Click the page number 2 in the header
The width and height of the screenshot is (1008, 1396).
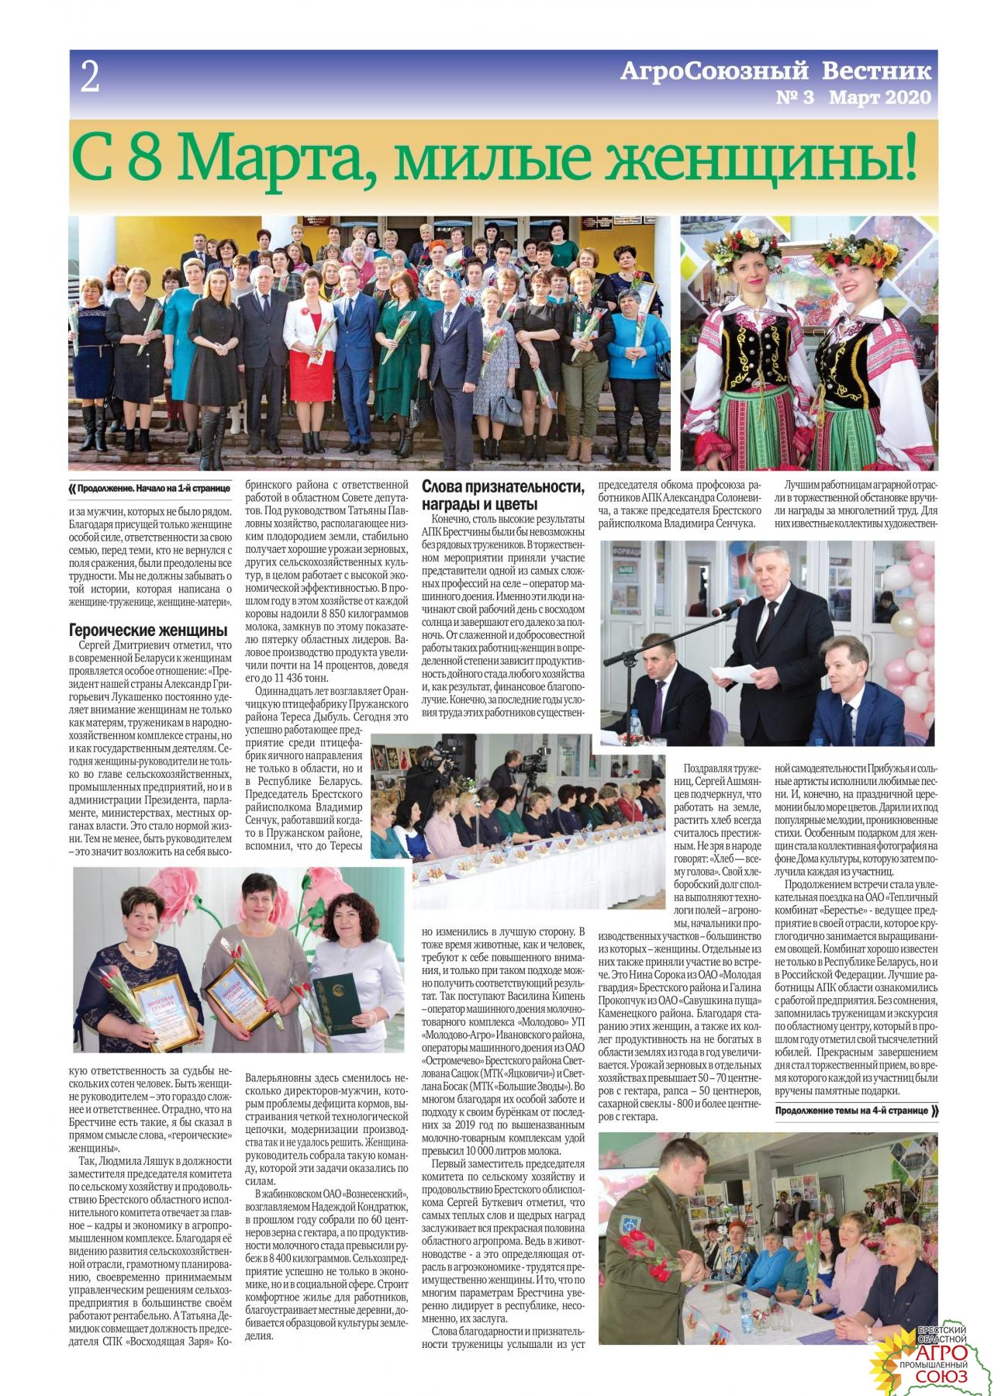click(x=90, y=78)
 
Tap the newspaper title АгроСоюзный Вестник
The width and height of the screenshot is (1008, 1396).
click(x=775, y=71)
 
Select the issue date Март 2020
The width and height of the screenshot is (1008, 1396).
click(x=879, y=98)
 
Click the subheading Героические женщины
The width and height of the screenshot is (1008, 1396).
click(x=148, y=630)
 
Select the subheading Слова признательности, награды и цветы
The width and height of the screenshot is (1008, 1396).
click(x=502, y=495)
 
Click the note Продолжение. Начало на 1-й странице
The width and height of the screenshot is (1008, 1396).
click(x=154, y=489)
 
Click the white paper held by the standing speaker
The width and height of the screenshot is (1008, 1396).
click(x=733, y=672)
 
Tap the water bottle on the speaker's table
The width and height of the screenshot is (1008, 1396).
click(x=635, y=724)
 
